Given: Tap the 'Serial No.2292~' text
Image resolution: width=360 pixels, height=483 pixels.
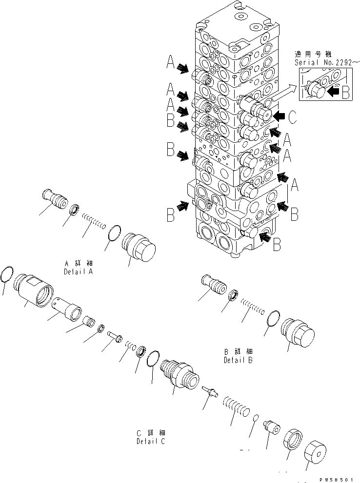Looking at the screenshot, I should point(322,63).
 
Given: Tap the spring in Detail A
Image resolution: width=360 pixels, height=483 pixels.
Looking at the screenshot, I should point(94,220).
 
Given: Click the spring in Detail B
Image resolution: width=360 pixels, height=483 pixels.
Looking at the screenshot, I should point(254,308).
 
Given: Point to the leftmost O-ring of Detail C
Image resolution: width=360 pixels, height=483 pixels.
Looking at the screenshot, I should point(7,275).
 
